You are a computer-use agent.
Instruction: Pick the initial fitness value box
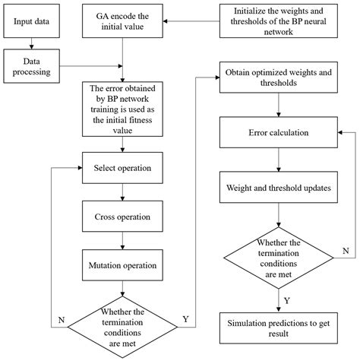click(122, 109)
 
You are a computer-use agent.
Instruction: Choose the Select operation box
click(122, 167)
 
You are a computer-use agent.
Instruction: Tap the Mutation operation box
click(122, 265)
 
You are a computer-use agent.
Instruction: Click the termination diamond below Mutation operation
click(122, 323)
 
